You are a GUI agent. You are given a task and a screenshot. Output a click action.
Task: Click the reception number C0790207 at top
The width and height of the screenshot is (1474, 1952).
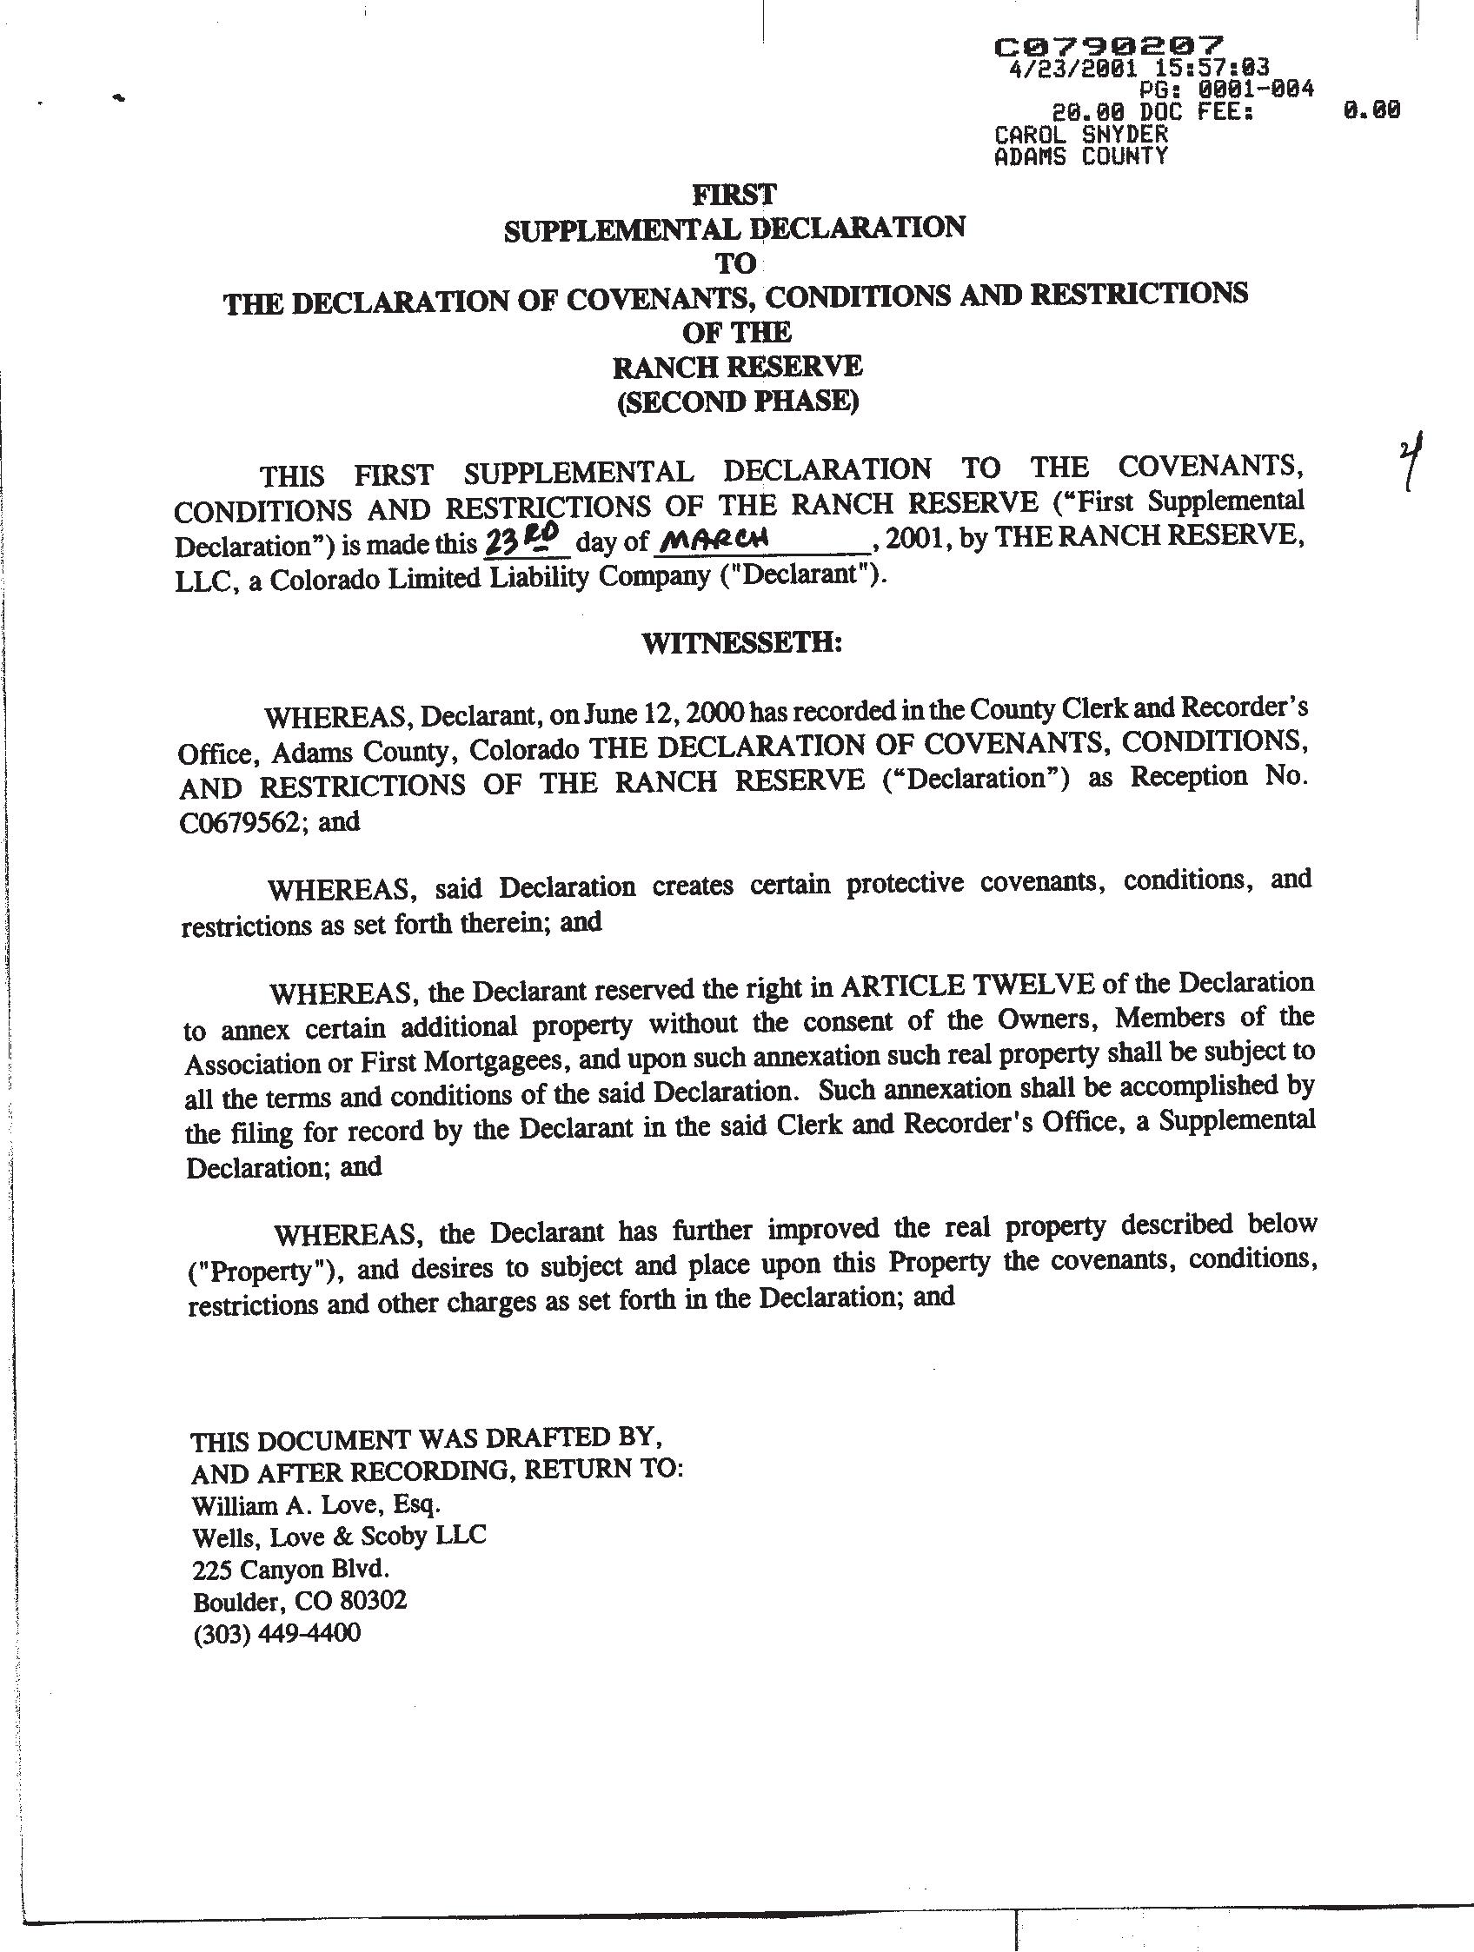pyautogui.click(x=1109, y=46)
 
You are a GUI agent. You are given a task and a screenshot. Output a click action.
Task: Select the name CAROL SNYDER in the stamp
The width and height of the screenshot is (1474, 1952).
pyautogui.click(x=1080, y=135)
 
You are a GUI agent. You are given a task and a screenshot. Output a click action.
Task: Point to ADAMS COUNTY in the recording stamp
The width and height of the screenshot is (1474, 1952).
pyautogui.click(x=1080, y=157)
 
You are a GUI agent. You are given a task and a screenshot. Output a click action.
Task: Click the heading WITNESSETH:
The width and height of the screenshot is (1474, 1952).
pyautogui.click(x=741, y=643)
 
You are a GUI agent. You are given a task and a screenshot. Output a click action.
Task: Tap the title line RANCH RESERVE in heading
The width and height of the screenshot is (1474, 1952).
pyautogui.click(x=737, y=366)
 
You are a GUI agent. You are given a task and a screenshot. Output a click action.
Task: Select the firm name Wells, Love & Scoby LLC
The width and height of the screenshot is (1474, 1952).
pyautogui.click(x=339, y=1537)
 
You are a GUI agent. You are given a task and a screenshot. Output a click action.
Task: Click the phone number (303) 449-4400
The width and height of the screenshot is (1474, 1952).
pyautogui.click(x=276, y=1633)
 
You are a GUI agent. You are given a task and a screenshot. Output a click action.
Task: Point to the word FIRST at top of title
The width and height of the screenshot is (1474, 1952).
pyautogui.click(x=734, y=193)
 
